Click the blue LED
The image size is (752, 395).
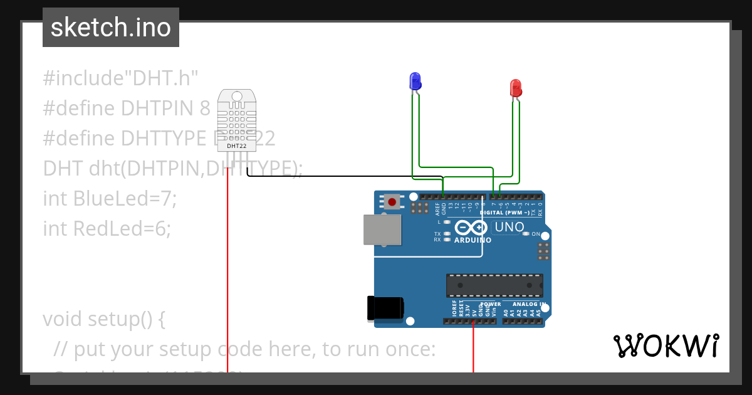415,81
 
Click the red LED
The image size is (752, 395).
516,87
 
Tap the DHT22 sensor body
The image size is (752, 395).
236,119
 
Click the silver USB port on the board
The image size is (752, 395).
382,229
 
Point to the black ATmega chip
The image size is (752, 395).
494,285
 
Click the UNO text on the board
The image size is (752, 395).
509,227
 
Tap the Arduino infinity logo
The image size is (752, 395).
472,228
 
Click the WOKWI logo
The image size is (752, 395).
666,345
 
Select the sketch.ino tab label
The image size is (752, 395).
111,28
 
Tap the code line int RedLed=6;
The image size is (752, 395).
107,229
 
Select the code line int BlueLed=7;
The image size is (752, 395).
110,199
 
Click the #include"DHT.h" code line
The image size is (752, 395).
120,78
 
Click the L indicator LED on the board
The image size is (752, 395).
447,222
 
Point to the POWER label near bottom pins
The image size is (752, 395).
491,304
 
